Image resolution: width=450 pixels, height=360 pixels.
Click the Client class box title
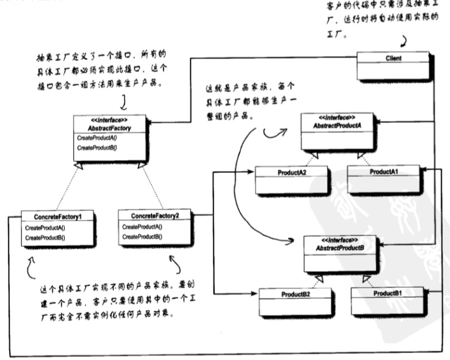(x=394, y=58)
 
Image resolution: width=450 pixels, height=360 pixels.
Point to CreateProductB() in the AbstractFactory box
(x=96, y=148)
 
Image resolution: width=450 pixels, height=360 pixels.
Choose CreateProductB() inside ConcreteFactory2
(x=142, y=237)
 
